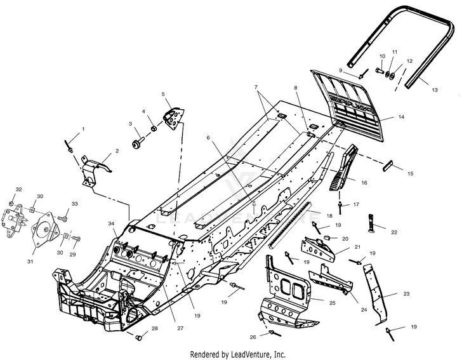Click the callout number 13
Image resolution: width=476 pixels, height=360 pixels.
click(435, 90)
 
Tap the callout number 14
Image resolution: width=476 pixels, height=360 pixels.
click(401, 117)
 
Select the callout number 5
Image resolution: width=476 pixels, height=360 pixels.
click(163, 94)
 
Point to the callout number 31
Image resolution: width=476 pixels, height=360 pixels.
click(30, 261)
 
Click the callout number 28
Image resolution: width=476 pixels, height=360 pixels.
click(155, 329)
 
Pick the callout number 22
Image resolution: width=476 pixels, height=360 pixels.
click(394, 232)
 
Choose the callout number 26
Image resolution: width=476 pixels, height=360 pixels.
click(253, 337)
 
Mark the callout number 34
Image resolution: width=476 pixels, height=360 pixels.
click(112, 224)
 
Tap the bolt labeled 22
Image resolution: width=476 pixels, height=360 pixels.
click(373, 223)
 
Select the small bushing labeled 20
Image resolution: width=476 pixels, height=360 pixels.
click(327, 237)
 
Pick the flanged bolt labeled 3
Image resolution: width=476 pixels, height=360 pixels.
click(139, 143)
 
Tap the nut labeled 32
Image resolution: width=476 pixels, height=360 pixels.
click(11, 203)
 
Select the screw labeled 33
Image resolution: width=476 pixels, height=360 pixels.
click(63, 218)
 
